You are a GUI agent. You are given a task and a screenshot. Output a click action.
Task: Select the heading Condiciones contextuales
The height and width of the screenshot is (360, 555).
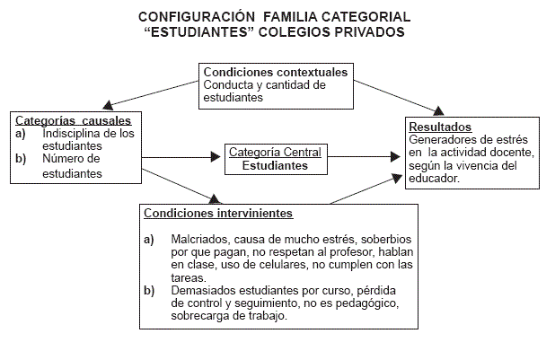point(276,72)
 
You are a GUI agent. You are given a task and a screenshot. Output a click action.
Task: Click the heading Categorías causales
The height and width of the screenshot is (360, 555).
point(73,120)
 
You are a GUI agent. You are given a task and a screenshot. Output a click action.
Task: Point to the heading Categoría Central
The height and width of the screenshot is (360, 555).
point(275,152)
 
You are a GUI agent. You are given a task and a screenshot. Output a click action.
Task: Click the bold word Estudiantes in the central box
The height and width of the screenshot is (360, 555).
point(275,165)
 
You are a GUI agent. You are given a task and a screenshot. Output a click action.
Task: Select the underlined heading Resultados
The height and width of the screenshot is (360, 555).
point(440,127)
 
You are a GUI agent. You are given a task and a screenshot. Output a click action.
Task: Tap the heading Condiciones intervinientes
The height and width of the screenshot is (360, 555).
point(218,214)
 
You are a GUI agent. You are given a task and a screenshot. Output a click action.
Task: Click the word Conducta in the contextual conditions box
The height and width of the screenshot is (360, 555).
point(230,85)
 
